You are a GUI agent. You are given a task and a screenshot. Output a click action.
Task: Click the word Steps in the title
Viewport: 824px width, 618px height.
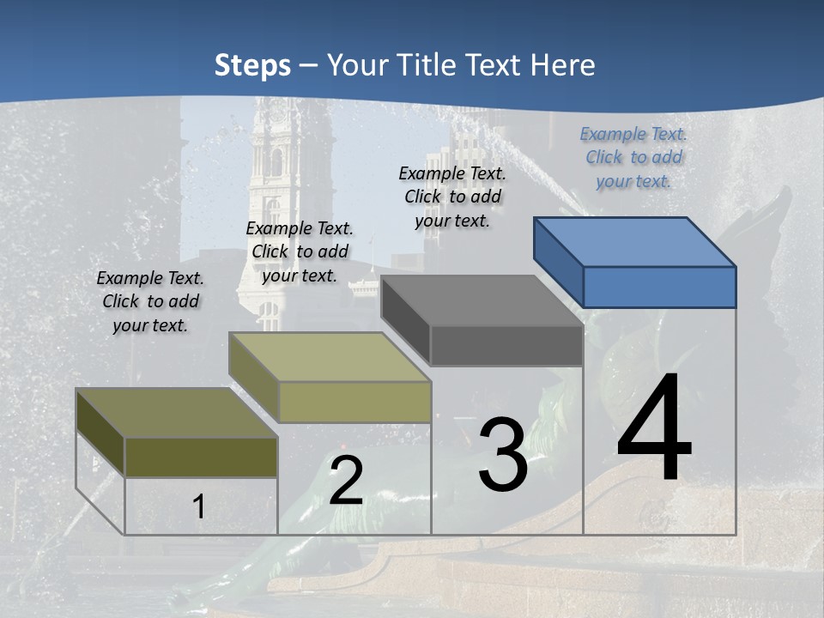(252, 65)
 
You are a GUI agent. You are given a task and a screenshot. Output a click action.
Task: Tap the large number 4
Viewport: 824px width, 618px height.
(654, 429)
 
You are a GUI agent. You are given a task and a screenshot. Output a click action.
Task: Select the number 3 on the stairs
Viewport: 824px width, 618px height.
(503, 455)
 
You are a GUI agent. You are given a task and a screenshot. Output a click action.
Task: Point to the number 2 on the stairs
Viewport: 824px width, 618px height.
(346, 481)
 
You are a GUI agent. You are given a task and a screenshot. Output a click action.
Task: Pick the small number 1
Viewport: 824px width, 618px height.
(198, 507)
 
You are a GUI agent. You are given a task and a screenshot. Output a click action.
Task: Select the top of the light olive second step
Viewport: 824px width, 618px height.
(330, 357)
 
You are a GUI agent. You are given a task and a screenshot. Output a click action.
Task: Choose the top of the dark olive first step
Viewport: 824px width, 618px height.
(177, 413)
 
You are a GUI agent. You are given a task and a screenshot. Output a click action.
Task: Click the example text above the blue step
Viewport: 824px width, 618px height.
(633, 157)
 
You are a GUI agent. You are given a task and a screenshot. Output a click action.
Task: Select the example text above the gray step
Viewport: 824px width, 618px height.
(452, 197)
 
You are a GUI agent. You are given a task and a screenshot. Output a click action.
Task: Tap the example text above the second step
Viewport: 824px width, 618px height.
(300, 251)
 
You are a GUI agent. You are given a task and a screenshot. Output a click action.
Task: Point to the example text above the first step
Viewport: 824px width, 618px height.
(150, 301)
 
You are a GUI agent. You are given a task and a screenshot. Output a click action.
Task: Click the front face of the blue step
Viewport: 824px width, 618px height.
(659, 287)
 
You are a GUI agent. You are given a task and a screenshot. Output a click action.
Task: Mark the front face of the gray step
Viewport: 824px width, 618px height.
(506, 346)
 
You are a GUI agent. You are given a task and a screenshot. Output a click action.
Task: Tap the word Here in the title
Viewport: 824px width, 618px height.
(563, 65)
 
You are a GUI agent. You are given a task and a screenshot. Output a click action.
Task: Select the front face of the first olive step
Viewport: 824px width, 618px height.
(201, 457)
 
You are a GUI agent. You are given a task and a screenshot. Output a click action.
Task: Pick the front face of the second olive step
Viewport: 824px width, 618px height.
(354, 402)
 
